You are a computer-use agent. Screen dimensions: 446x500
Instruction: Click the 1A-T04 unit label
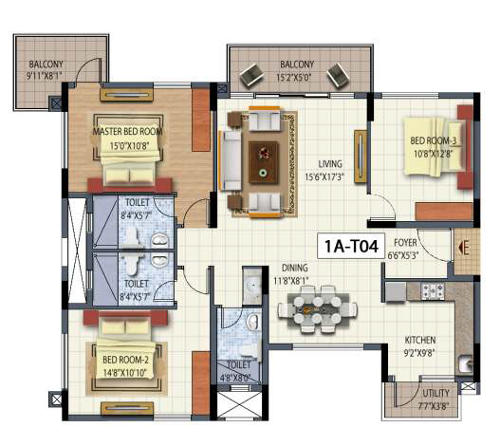click(354, 249)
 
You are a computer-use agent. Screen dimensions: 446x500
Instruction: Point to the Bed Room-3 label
click(431, 141)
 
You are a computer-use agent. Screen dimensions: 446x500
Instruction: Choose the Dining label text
click(294, 269)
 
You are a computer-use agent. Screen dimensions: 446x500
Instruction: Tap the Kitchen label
click(421, 339)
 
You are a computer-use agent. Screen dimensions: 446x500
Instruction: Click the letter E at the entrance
click(464, 250)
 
